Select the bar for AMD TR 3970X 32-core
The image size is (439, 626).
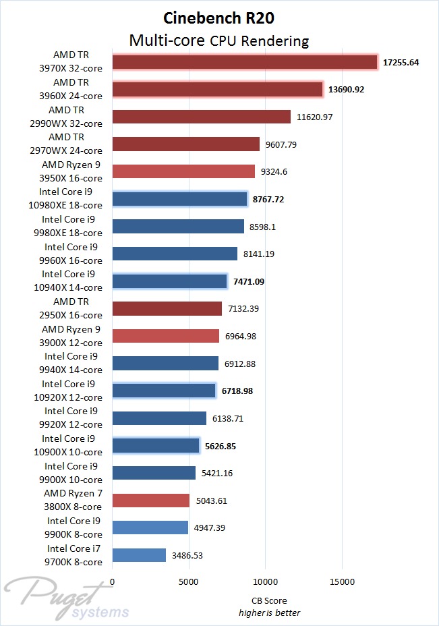coord(245,62)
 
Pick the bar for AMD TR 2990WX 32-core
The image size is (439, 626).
coord(201,117)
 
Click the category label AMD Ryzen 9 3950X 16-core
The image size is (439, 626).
coord(71,171)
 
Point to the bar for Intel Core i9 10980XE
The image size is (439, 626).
coord(180,199)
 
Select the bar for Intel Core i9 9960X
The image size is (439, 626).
coord(175,254)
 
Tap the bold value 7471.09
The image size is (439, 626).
coord(250,281)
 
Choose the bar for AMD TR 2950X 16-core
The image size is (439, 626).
coord(167,308)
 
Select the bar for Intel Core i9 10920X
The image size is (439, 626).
coord(164,391)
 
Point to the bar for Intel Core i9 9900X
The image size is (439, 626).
coord(154,473)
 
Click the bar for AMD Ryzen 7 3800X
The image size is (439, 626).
coord(151,501)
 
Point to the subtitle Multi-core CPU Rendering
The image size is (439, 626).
coord(219,41)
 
